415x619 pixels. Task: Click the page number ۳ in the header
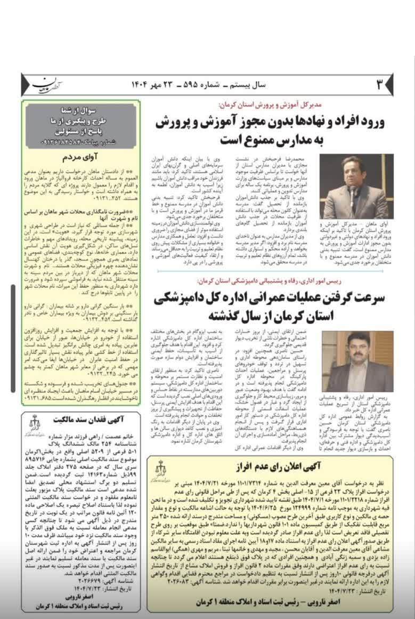[x=379, y=84]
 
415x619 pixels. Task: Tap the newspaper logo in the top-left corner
[x=47, y=85]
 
